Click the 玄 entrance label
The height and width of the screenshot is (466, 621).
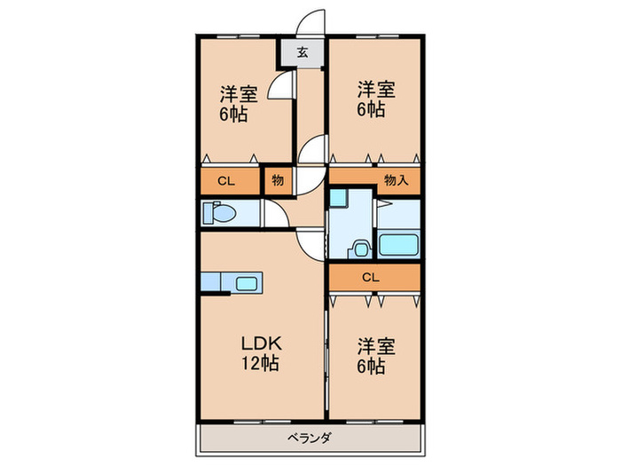302,52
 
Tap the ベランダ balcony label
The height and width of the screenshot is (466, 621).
310,437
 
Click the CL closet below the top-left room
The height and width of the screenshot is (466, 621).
227,181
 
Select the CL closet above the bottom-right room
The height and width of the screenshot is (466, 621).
371,277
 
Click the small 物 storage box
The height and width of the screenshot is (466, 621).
277,181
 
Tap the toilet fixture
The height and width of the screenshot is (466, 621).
218,213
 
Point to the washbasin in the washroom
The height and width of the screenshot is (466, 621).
361,249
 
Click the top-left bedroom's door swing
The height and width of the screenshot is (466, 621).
282,88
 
